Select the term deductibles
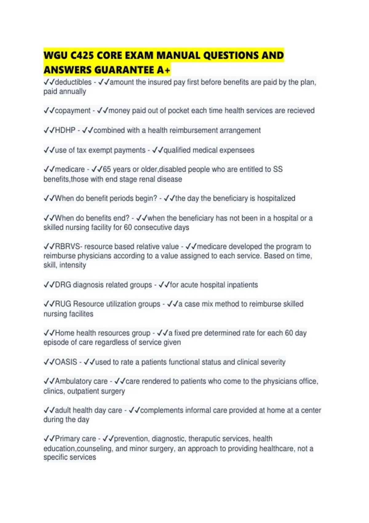pos(73,82)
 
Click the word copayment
pos(73,110)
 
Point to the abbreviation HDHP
pos(65,130)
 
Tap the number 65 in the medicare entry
pos(107,169)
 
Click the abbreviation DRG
pos(63,285)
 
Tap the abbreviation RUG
pos(63,304)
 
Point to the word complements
pos(162,410)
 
